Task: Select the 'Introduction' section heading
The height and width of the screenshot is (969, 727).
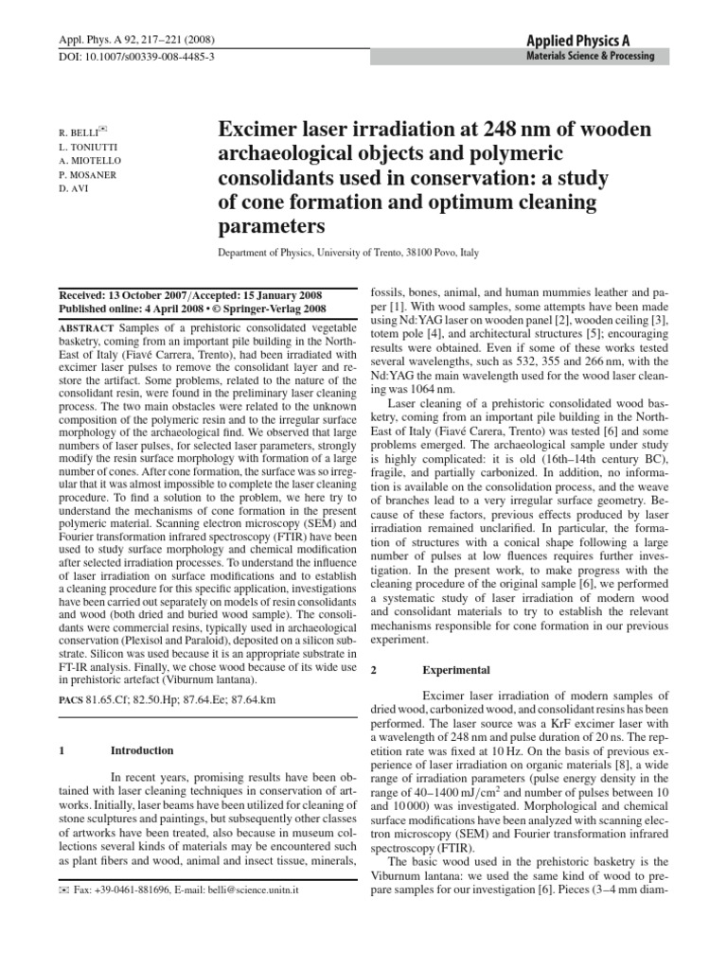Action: pos(142,750)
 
